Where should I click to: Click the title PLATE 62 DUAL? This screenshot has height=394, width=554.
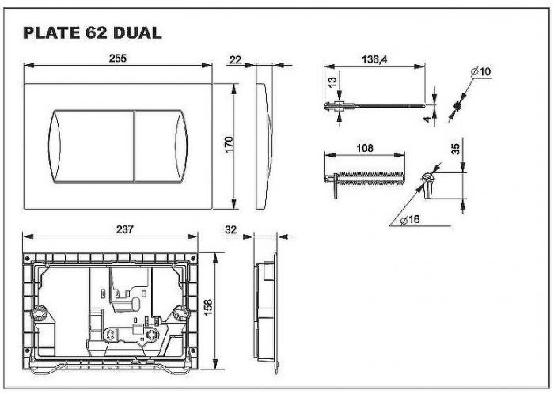[x=93, y=33]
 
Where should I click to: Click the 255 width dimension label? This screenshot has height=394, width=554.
[x=118, y=59]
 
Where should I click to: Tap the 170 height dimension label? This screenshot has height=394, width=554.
[x=229, y=145]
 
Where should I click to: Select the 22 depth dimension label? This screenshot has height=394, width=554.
[x=235, y=59]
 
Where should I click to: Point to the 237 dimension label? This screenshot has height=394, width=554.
[x=125, y=229]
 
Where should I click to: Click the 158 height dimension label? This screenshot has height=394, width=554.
[x=208, y=308]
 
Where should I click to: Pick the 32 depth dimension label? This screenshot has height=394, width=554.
[x=230, y=229]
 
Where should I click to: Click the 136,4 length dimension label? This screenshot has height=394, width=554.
[x=374, y=59]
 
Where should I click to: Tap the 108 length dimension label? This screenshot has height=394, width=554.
[x=365, y=148]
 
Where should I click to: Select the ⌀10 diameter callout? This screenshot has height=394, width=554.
[x=481, y=72]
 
